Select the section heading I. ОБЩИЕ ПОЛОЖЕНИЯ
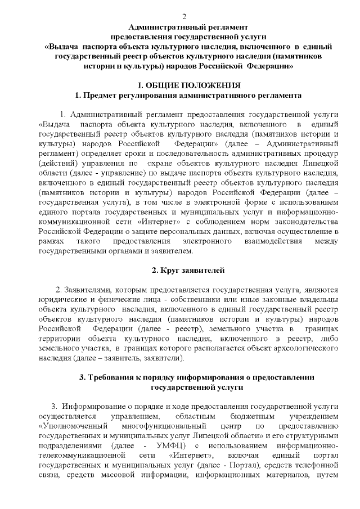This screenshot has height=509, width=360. click(186, 85)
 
